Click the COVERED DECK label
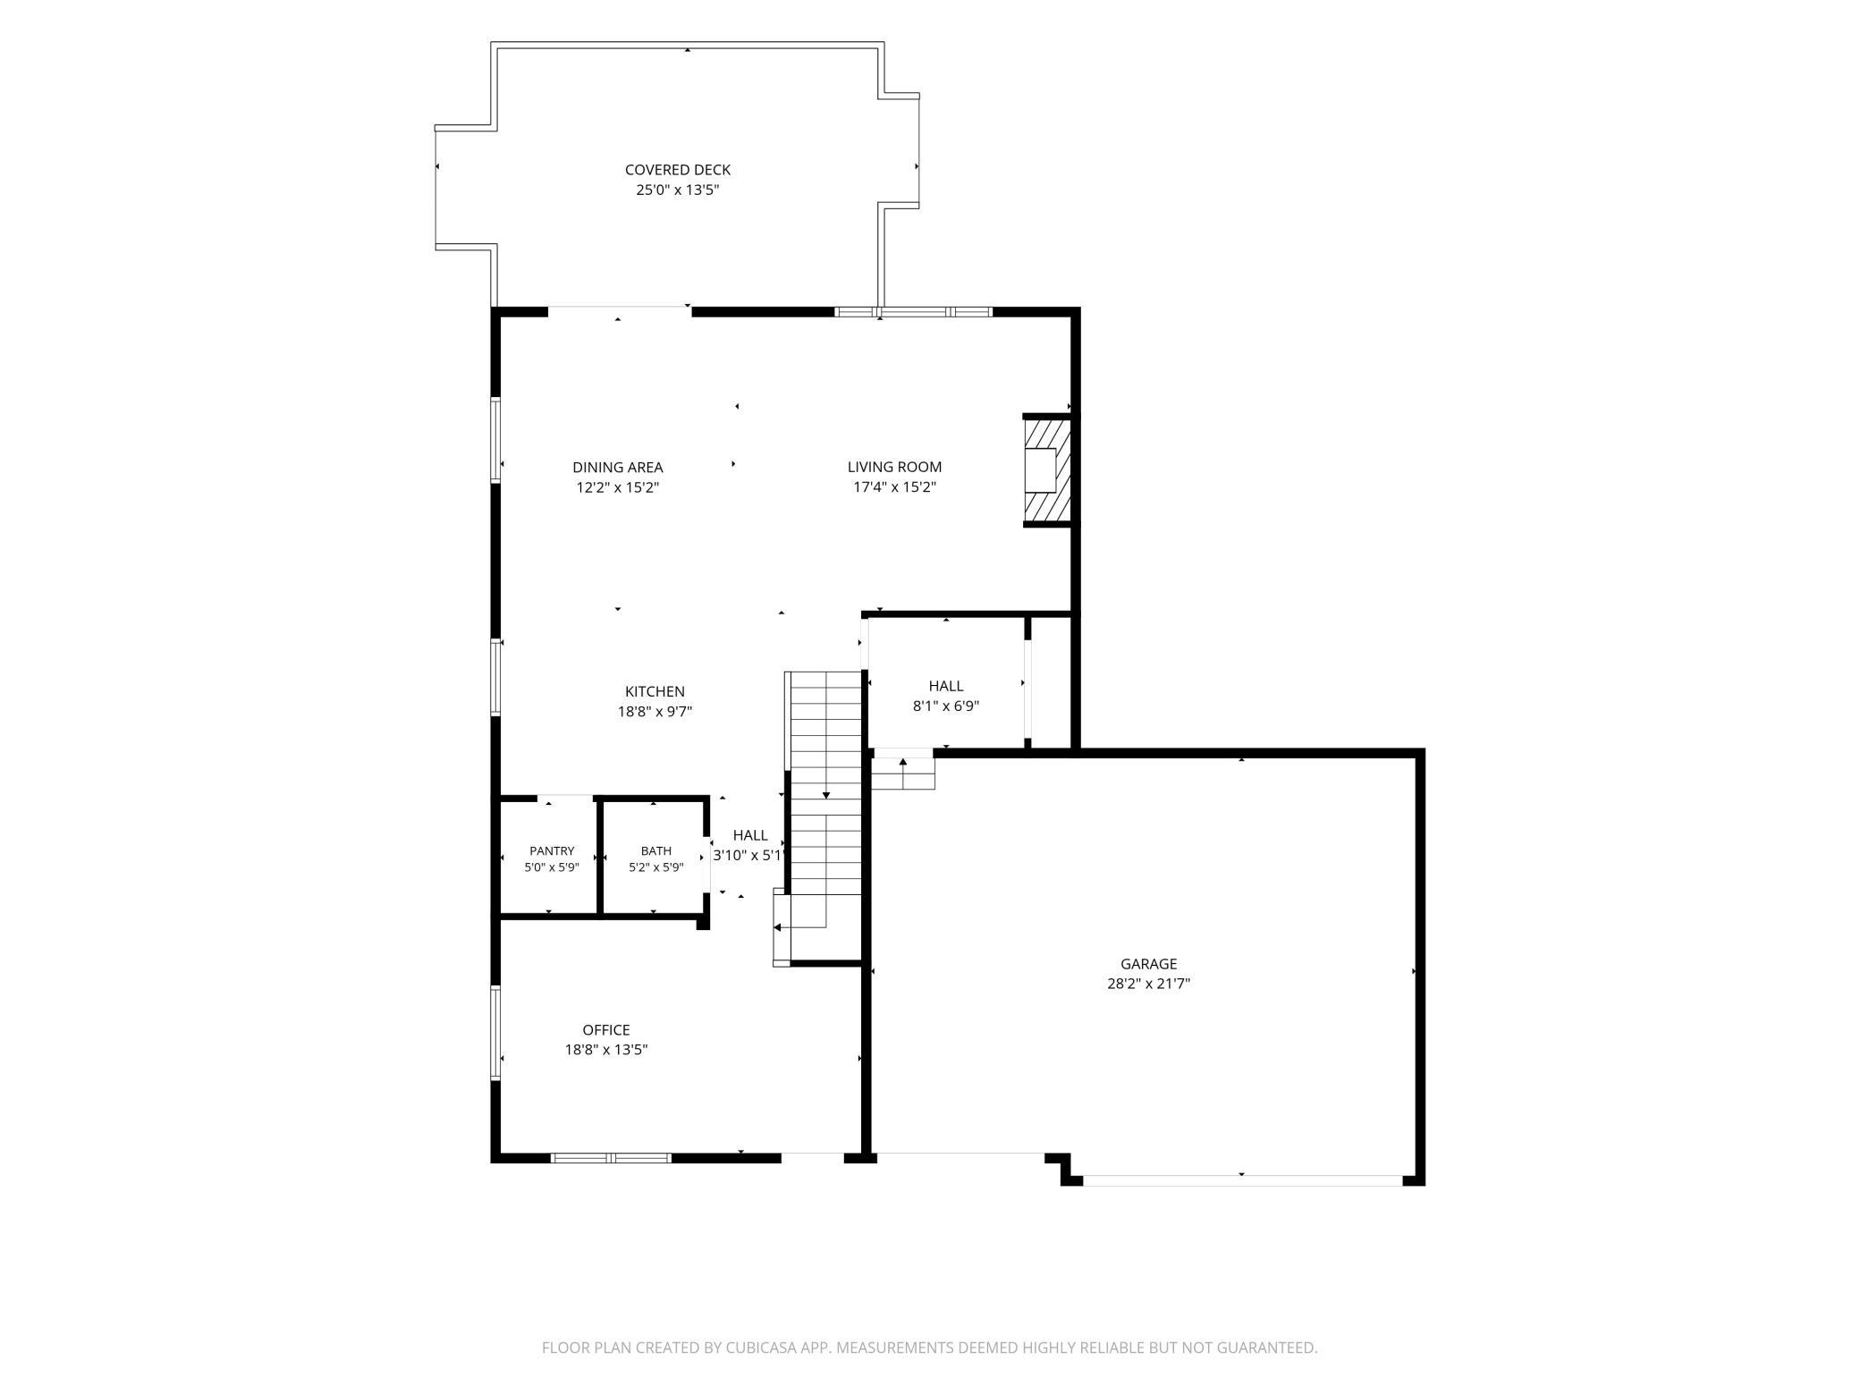pyautogui.click(x=677, y=169)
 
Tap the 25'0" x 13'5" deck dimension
pyautogui.click(x=677, y=190)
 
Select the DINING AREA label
pyautogui.click(x=618, y=467)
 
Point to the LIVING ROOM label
pyautogui.click(x=894, y=467)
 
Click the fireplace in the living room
pyautogui.click(x=1047, y=470)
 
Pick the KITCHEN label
pyautogui.click(x=655, y=691)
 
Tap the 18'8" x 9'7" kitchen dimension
pyautogui.click(x=655, y=712)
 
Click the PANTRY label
pyautogui.click(x=552, y=851)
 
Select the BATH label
pyautogui.click(x=655, y=851)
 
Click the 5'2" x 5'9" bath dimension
pyautogui.click(x=655, y=867)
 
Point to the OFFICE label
pyautogui.click(x=606, y=1029)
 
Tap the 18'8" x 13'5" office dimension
pyautogui.click(x=606, y=1050)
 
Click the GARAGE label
pyautogui.click(x=1148, y=963)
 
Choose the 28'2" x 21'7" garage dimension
pyautogui.click(x=1148, y=984)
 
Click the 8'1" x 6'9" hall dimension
pyautogui.click(x=945, y=706)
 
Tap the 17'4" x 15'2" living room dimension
pyautogui.click(x=894, y=487)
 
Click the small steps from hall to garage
pyautogui.click(x=903, y=774)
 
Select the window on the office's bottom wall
pyautogui.click(x=611, y=1158)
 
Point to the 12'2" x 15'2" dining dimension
pyautogui.click(x=618, y=487)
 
